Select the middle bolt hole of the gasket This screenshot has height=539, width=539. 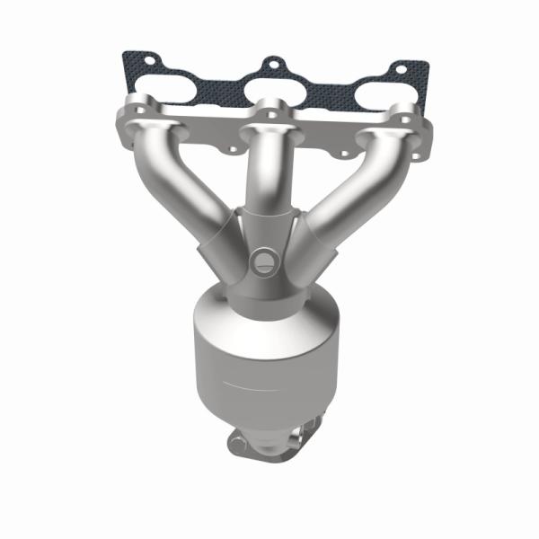click(x=270, y=66)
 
